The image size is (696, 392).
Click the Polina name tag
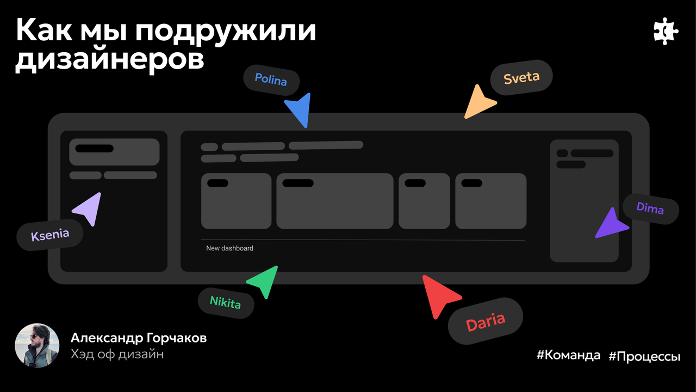271,81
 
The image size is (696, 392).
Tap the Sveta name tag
521,77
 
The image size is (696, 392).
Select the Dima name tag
650,208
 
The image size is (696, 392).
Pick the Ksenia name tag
50,235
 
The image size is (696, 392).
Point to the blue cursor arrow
300,108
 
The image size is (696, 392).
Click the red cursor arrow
439,295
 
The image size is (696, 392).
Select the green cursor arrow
264,279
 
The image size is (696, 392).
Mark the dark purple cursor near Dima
610,224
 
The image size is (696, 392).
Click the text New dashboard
229,248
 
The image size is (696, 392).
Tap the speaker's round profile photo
37,346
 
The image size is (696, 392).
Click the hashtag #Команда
568,356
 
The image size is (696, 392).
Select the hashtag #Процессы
644,357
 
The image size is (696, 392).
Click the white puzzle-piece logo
665,33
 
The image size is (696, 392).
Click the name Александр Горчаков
139,338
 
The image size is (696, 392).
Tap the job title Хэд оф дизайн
117,354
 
